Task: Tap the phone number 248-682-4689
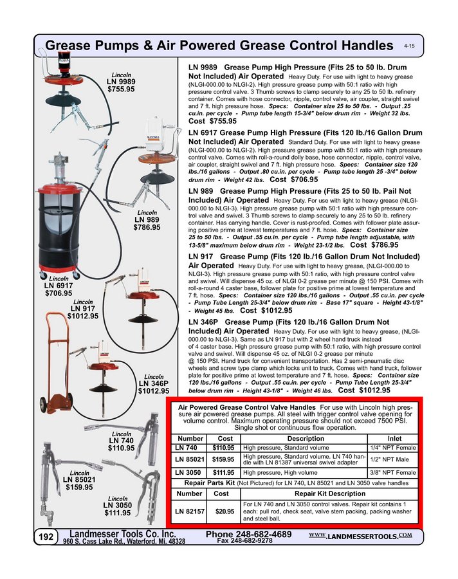click(249, 535)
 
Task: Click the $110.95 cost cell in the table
click(223, 448)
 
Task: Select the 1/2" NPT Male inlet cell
click(394, 460)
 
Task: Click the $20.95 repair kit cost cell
click(224, 511)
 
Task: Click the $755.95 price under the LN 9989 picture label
click(121, 89)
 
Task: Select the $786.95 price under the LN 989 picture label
click(147, 227)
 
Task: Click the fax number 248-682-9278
click(245, 542)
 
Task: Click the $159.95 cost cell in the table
click(223, 460)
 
